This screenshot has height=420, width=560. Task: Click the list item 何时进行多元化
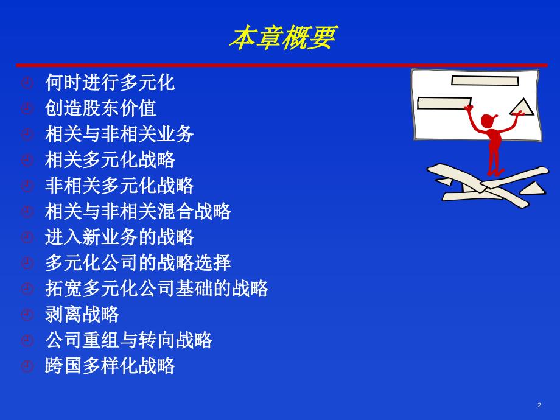tap(110, 82)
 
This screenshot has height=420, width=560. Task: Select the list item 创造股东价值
tap(100, 108)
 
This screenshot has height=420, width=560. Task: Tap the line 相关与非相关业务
tap(119, 134)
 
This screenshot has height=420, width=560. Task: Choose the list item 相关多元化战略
tap(110, 159)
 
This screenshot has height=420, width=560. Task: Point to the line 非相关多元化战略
tap(119, 185)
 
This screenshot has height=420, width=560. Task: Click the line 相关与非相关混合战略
tap(138, 211)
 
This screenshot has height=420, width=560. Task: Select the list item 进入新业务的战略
tap(119, 237)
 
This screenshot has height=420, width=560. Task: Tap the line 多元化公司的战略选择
tap(138, 262)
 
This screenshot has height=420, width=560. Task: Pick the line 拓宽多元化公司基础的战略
tap(156, 288)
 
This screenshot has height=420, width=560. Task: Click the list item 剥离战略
tap(82, 314)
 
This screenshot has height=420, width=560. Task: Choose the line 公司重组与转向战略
tap(128, 340)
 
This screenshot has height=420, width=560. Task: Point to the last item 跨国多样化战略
tap(110, 366)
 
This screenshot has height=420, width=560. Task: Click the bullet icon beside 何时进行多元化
tap(26, 83)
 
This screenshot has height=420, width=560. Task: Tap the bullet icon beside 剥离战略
tap(26, 315)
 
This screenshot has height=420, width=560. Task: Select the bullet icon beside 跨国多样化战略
tap(26, 366)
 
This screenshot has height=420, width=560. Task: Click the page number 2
tap(539, 405)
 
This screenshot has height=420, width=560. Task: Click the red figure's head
tap(488, 121)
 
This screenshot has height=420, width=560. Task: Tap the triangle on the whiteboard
tap(522, 108)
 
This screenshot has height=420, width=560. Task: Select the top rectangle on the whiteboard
tap(485, 81)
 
